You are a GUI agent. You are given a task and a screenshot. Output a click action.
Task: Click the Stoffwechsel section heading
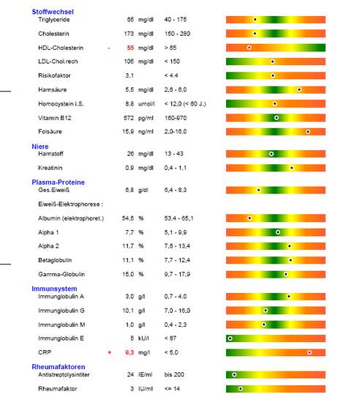click(x=53, y=12)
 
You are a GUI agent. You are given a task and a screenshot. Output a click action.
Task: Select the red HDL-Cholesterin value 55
click(x=130, y=48)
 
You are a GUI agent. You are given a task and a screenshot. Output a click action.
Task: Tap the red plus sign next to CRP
click(x=110, y=352)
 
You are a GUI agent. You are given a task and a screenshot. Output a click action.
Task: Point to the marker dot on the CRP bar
click(x=310, y=352)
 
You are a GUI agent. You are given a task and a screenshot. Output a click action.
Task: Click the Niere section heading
click(x=40, y=147)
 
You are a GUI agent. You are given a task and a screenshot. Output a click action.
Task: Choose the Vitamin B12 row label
click(x=55, y=118)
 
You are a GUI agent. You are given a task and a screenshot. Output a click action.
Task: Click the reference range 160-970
click(x=176, y=118)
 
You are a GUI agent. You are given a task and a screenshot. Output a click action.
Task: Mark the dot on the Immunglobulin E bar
click(x=230, y=338)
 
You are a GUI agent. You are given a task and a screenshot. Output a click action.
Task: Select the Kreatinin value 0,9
click(x=130, y=168)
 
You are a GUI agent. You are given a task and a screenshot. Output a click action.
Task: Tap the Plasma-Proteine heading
click(x=58, y=182)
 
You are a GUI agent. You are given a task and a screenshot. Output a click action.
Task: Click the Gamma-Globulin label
click(x=61, y=274)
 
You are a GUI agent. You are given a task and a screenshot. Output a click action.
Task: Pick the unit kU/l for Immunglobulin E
click(x=143, y=338)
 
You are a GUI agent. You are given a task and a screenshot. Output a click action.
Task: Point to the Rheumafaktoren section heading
click(x=59, y=367)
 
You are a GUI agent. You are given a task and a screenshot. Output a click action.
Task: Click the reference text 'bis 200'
click(x=174, y=374)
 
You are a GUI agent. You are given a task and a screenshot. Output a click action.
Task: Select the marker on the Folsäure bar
click(x=308, y=132)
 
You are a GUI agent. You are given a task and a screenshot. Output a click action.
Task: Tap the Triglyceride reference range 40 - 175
click(x=176, y=19)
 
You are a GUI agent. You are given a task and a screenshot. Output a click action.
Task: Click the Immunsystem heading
click(x=54, y=289)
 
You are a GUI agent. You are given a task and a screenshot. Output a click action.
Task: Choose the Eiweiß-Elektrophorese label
click(x=70, y=204)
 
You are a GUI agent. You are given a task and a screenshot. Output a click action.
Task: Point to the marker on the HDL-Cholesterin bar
click(x=250, y=48)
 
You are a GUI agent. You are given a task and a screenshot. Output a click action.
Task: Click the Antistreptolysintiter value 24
click(x=130, y=374)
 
